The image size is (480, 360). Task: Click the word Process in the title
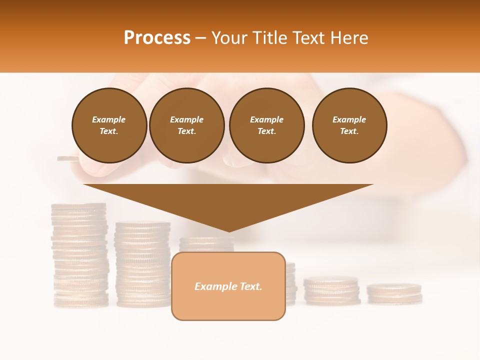coord(157,37)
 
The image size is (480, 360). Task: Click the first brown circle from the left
coord(109,125)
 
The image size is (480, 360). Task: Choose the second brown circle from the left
coord(186,125)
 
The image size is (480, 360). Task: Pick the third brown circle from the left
coord(266,125)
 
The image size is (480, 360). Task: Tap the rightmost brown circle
coord(349,125)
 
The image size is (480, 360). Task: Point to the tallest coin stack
coord(79,254)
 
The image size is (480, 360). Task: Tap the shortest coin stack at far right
coord(394,294)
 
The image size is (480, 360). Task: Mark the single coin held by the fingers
coord(68,159)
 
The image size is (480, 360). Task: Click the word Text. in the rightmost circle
coord(349,131)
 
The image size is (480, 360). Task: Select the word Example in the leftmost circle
coord(109,119)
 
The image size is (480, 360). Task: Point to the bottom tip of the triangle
coord(229,230)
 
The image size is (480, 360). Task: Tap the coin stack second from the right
coord(331,291)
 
